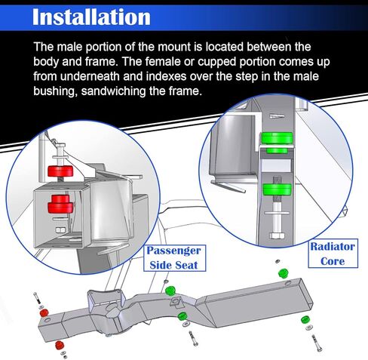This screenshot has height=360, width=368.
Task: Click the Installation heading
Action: click(91, 17)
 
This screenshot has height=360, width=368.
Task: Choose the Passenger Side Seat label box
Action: click(174, 258)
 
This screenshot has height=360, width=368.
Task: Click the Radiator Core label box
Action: click(333, 254)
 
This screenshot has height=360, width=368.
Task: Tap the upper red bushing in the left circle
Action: click(60, 171)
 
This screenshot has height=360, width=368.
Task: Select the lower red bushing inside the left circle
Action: click(60, 203)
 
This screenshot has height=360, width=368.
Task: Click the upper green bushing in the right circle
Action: click(277, 142)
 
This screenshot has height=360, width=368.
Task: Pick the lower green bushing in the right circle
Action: click(277, 190)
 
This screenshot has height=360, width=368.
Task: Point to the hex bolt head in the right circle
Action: click(277, 235)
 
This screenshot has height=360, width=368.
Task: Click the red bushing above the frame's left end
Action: click(44, 313)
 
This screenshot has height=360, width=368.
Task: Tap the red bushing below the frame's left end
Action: click(59, 345)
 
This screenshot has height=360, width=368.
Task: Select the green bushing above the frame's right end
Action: click(284, 273)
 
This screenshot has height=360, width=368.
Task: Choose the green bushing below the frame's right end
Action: click(305, 320)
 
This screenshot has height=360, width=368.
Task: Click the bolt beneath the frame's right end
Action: click(317, 343)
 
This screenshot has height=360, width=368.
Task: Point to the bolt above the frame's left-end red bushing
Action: click(37, 298)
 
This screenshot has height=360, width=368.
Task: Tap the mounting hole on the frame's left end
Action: click(47, 321)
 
